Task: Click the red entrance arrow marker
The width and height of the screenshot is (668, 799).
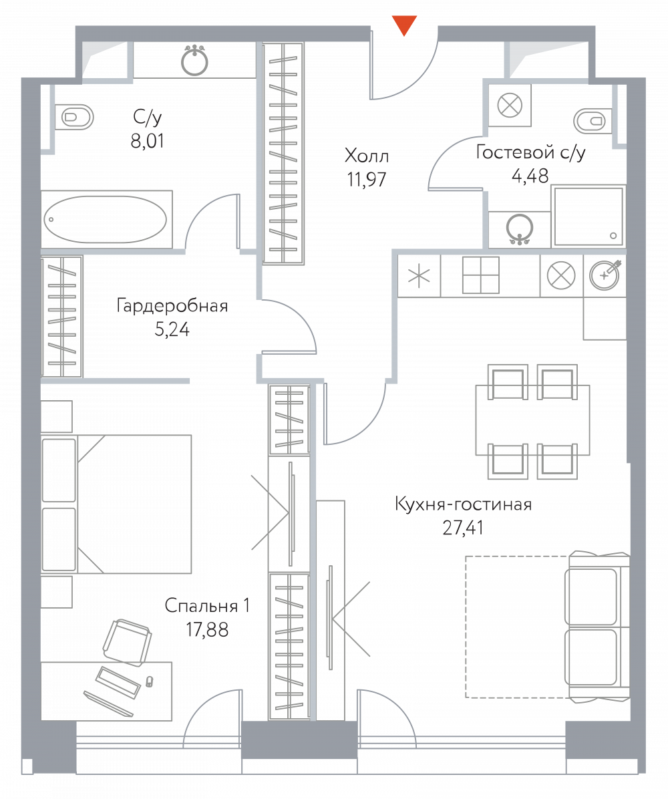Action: click(404, 25)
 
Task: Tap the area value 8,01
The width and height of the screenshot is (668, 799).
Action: click(147, 141)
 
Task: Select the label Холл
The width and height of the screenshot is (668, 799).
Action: click(366, 155)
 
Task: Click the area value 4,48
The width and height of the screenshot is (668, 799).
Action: click(530, 176)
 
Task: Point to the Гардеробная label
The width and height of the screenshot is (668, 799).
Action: click(172, 305)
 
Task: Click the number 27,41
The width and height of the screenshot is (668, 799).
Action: click(463, 527)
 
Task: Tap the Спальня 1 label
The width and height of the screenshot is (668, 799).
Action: click(207, 605)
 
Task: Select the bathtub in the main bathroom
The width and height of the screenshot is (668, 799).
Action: click(106, 220)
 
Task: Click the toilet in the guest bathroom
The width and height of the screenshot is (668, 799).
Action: click(593, 122)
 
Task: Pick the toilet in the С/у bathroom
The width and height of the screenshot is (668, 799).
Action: click(74, 117)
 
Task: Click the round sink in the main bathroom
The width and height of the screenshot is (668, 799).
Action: click(194, 61)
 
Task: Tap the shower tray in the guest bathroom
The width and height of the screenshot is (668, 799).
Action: click(588, 216)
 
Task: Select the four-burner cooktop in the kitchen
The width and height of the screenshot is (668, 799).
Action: click(480, 275)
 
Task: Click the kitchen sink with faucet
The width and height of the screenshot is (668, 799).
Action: click(605, 275)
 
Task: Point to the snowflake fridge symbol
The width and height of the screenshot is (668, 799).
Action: click(419, 276)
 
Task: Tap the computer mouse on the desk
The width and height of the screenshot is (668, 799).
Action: click(149, 681)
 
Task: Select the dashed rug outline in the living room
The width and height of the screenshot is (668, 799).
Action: click(516, 627)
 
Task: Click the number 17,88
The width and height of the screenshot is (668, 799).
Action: click(207, 630)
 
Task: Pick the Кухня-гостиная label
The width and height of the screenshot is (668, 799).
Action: click(463, 504)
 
